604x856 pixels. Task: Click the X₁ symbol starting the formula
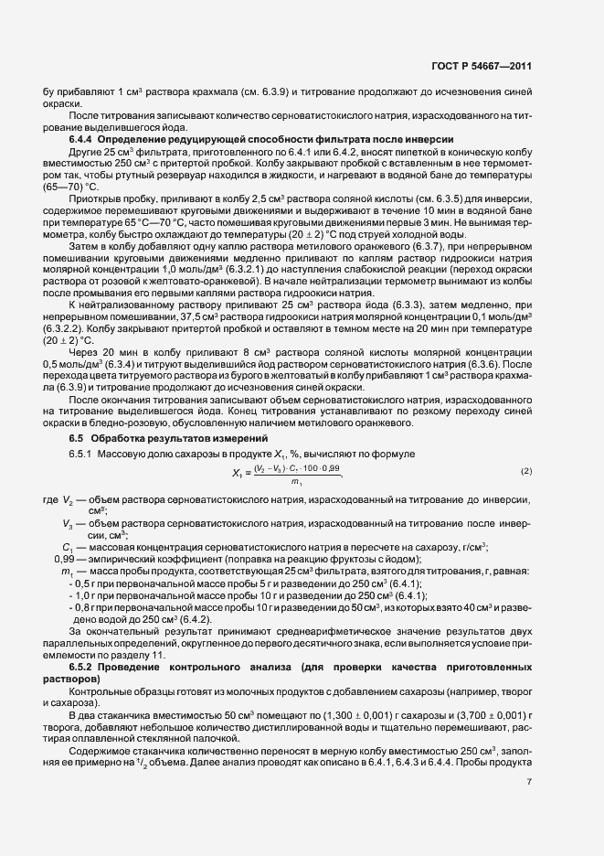(238, 472)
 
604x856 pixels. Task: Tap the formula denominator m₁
(296, 481)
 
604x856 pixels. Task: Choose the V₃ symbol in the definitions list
(68, 523)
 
